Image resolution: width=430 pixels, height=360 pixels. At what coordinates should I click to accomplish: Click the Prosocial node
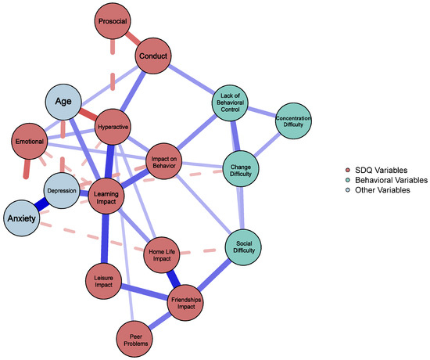[x=118, y=21]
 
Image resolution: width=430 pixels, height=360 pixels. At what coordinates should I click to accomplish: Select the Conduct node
[x=155, y=56]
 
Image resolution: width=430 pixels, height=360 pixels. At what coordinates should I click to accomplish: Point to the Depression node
[x=63, y=191]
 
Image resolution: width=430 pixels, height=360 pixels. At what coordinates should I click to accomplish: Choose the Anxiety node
[x=23, y=218]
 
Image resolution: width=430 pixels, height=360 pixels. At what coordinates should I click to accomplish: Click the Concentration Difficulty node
[x=293, y=121]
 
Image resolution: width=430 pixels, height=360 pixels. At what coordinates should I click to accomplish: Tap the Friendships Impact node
[x=188, y=301]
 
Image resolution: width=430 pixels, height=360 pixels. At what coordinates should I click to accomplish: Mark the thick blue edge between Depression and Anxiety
[x=42, y=205]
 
